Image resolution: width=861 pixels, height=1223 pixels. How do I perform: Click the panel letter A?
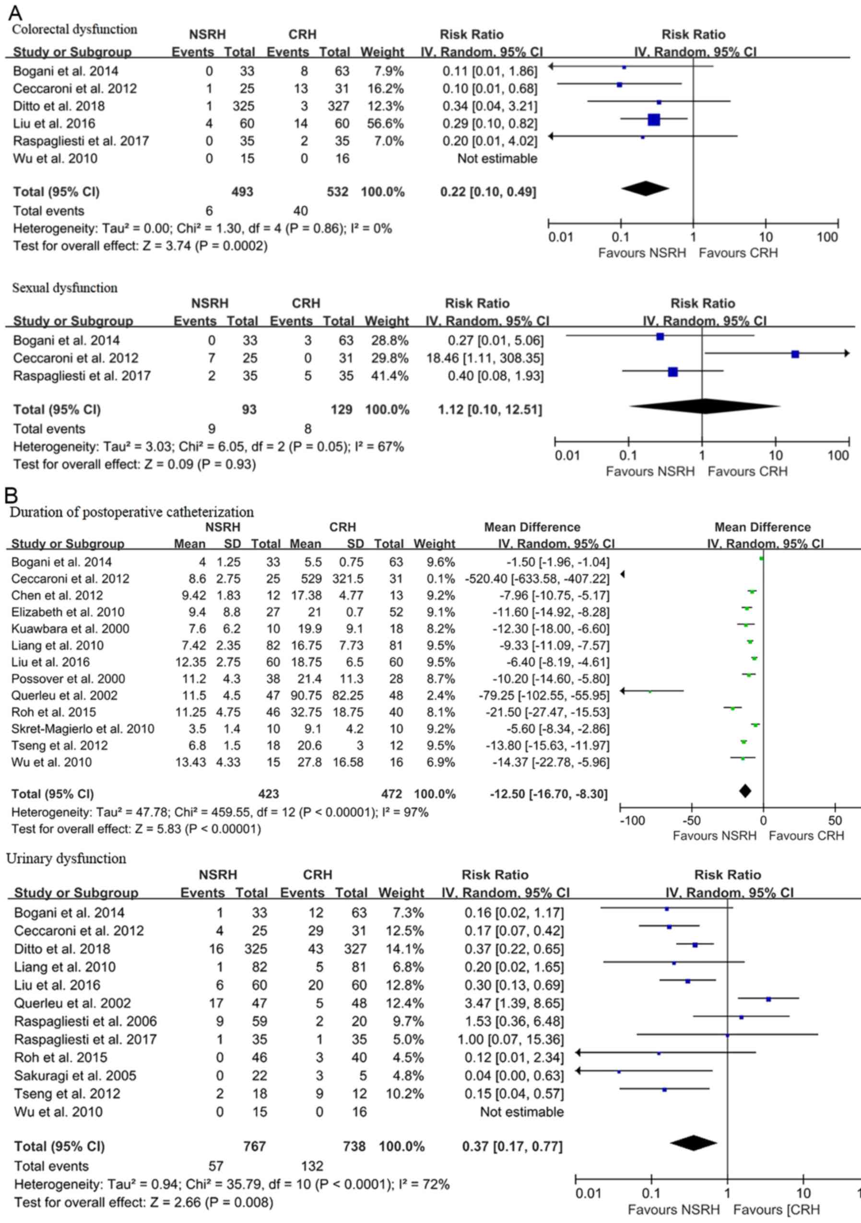point(15,13)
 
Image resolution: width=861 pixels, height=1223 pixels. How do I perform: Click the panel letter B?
point(11,495)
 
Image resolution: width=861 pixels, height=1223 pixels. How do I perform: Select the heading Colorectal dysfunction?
point(75,29)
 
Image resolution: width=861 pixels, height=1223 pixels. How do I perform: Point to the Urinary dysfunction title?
point(66,858)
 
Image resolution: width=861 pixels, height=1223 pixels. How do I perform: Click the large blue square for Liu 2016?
point(654,120)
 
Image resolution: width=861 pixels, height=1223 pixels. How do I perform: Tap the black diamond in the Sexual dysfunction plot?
point(704,406)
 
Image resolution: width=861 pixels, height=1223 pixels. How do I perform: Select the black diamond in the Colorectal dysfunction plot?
point(645,188)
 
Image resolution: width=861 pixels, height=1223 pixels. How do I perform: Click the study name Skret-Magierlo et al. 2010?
point(83,729)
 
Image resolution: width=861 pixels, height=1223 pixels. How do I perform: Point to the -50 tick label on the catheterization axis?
point(692,820)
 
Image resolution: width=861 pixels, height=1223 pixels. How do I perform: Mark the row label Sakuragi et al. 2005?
point(75,1075)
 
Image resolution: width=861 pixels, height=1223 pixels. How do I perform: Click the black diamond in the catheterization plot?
point(745,791)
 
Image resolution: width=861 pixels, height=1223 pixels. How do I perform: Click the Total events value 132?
point(312,1166)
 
